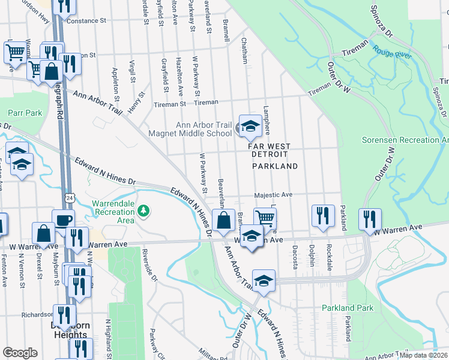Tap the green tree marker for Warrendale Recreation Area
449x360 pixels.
[143, 211]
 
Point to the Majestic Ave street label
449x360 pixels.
[273, 194]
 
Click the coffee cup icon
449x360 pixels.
[63, 219]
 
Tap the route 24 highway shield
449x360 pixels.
[70, 197]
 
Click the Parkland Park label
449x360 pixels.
[347, 308]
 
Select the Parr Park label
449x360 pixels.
[26, 113]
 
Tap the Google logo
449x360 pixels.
[20, 353]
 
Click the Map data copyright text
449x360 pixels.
[423, 355]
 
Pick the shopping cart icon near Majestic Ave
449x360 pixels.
[265, 218]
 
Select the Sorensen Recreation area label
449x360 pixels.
[405, 140]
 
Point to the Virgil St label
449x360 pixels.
[133, 71]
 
